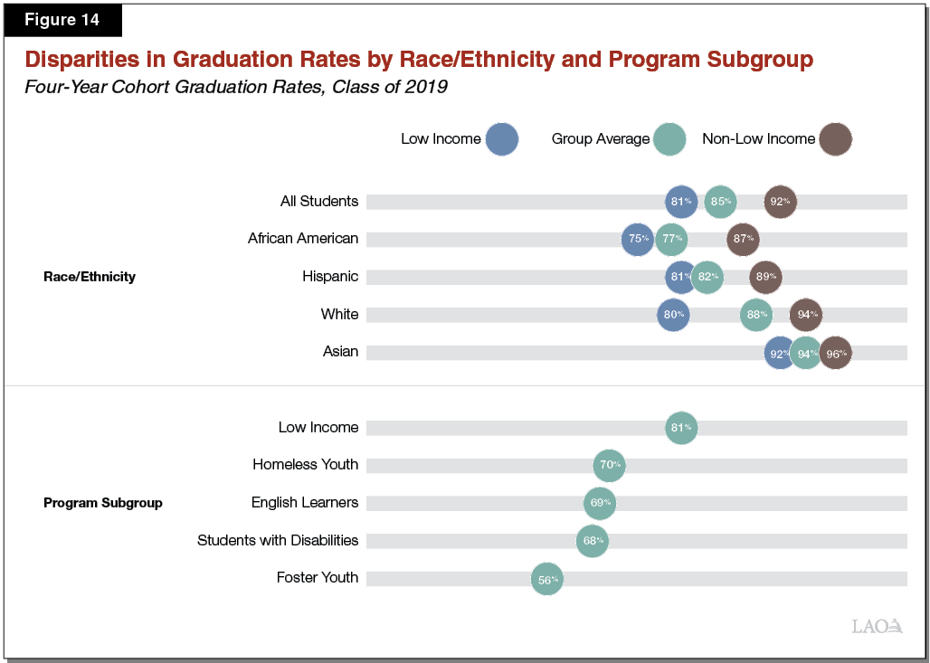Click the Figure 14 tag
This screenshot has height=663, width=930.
[x=62, y=20]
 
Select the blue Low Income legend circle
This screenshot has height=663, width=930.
[x=501, y=139]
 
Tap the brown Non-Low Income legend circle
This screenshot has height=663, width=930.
[x=836, y=139]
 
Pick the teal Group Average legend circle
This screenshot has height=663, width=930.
[x=669, y=139]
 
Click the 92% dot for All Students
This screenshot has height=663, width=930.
[x=780, y=202]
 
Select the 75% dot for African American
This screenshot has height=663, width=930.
[x=638, y=239]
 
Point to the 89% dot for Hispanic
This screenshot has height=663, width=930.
[x=765, y=277]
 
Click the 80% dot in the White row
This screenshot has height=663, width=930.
[x=673, y=315]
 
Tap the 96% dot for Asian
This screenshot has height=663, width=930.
[x=835, y=354]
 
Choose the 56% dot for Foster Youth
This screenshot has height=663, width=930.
[x=547, y=580]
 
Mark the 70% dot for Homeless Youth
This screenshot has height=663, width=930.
[x=610, y=466]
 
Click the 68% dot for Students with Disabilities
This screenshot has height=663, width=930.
[x=593, y=541]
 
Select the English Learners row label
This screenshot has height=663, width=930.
[x=305, y=503]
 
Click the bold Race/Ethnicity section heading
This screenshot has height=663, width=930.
[x=90, y=277]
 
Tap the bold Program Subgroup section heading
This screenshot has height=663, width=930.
[x=103, y=503]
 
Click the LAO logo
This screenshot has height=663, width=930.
[x=877, y=626]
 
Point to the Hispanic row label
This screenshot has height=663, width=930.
[x=330, y=277]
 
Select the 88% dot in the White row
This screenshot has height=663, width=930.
[x=755, y=315]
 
